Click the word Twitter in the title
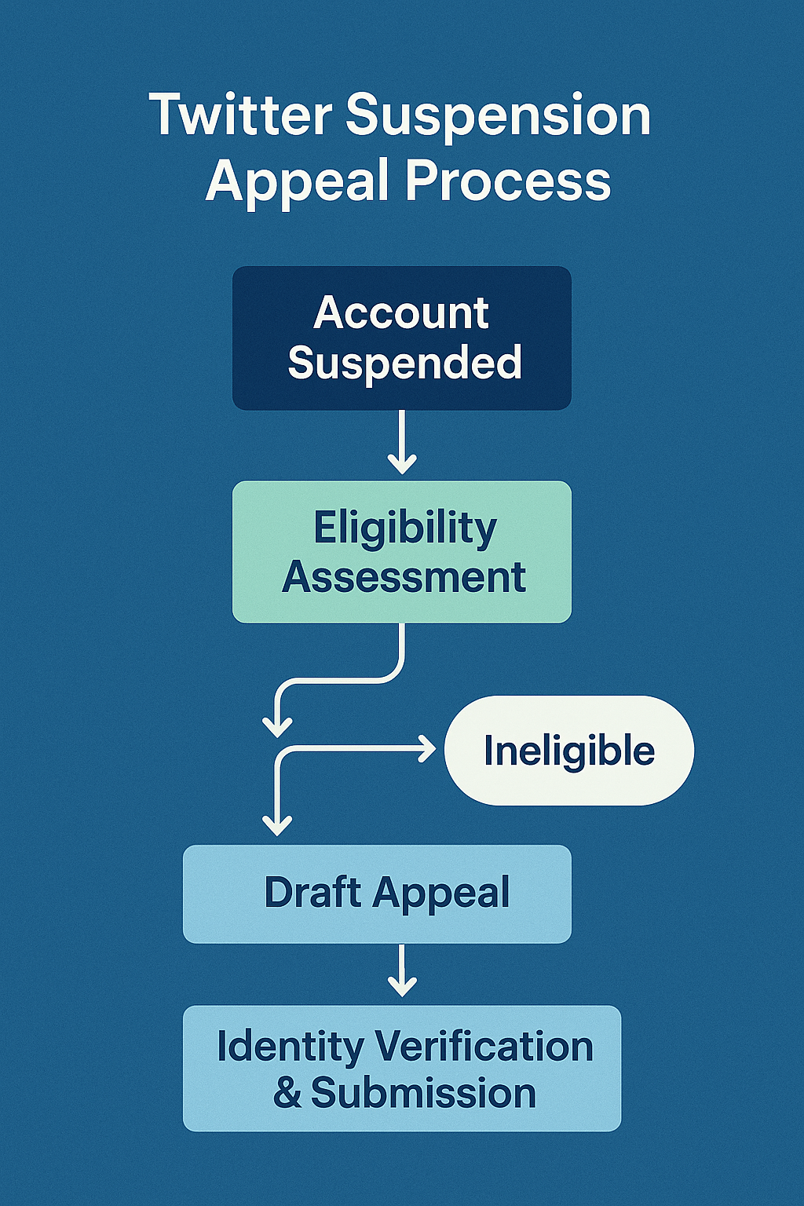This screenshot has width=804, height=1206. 240,115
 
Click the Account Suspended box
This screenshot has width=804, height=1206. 402,338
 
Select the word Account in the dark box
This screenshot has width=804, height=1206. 401,312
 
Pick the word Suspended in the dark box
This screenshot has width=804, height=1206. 404,362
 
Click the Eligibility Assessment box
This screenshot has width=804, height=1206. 402,552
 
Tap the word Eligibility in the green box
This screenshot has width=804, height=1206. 405,528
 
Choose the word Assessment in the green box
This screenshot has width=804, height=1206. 404,577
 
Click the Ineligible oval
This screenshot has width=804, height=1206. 569,751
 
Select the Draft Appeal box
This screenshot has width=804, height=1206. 377,894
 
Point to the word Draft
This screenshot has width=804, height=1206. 312,893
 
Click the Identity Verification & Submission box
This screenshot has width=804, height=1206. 402,1069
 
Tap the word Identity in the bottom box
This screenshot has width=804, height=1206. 291,1047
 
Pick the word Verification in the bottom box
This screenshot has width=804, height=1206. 484,1047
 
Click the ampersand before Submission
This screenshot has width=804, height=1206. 287,1093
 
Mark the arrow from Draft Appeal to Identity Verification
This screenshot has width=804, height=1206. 402,972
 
